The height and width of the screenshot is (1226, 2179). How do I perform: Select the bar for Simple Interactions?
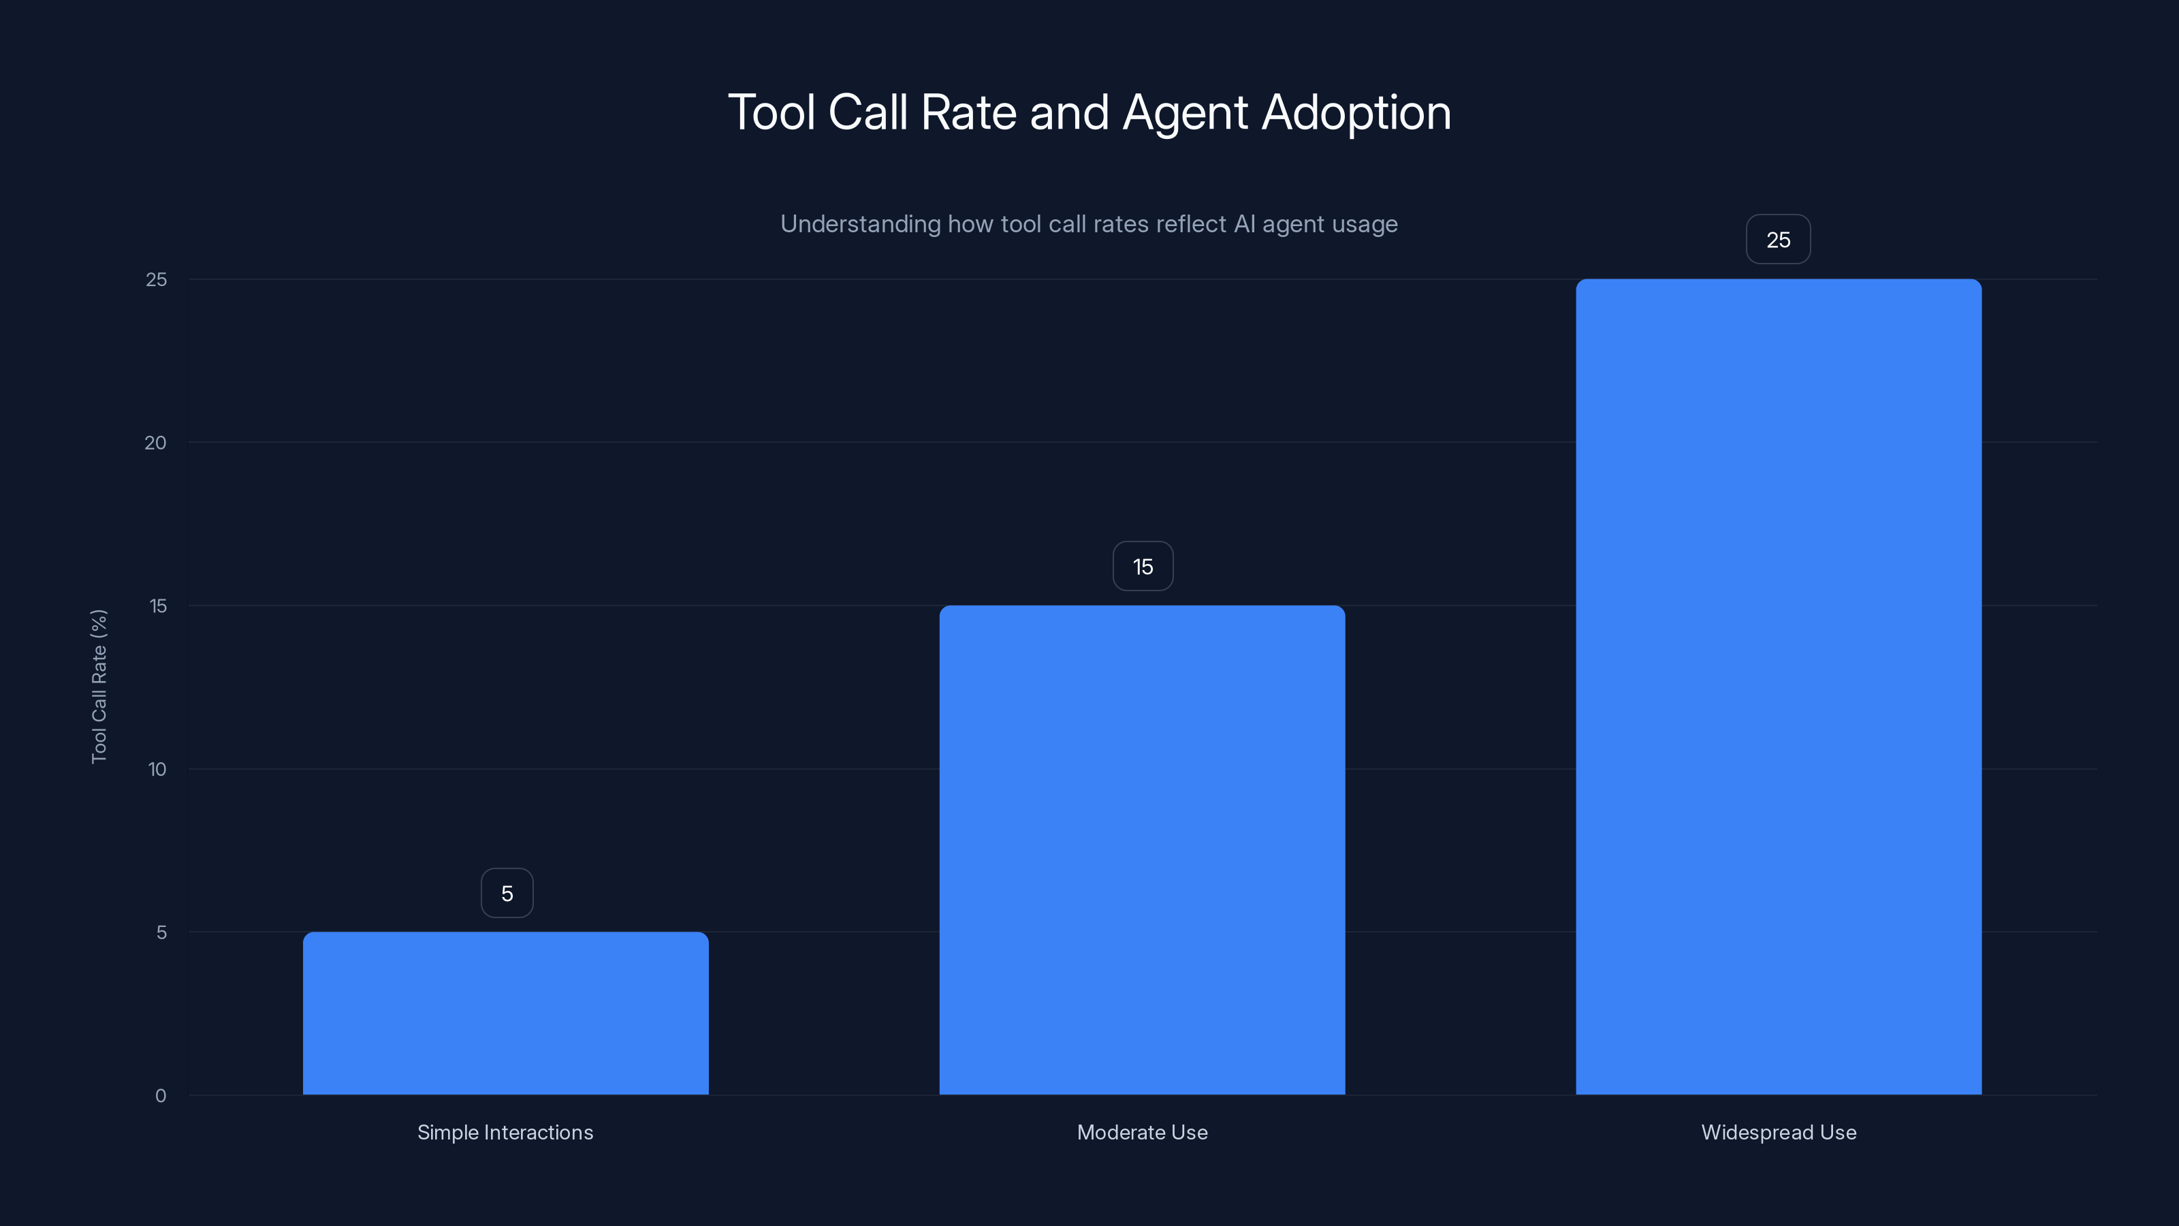click(506, 1013)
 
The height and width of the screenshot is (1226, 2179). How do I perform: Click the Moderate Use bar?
click(1142, 849)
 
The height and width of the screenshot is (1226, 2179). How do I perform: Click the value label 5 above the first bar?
click(507, 894)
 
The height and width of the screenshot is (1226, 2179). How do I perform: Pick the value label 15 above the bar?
click(1143, 567)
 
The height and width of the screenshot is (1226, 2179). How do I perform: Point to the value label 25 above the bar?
click(1778, 240)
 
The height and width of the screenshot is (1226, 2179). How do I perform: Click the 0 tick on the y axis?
click(161, 1096)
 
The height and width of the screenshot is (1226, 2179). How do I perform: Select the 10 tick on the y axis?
click(157, 769)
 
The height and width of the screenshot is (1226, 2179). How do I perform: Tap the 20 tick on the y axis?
click(156, 443)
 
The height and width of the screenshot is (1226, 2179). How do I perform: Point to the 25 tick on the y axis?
click(157, 279)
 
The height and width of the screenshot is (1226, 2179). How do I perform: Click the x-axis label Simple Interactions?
click(505, 1132)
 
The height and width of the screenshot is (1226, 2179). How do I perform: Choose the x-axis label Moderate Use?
click(1142, 1132)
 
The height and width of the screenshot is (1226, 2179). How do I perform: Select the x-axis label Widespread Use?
click(1778, 1132)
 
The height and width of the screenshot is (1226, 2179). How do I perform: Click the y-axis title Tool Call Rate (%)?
click(99, 686)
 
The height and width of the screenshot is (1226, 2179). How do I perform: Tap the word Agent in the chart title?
click(1184, 112)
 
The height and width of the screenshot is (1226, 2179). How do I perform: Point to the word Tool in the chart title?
click(771, 112)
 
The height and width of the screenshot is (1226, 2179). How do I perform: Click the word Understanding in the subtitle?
click(859, 224)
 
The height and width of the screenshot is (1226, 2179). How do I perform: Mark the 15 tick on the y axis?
click(158, 606)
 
